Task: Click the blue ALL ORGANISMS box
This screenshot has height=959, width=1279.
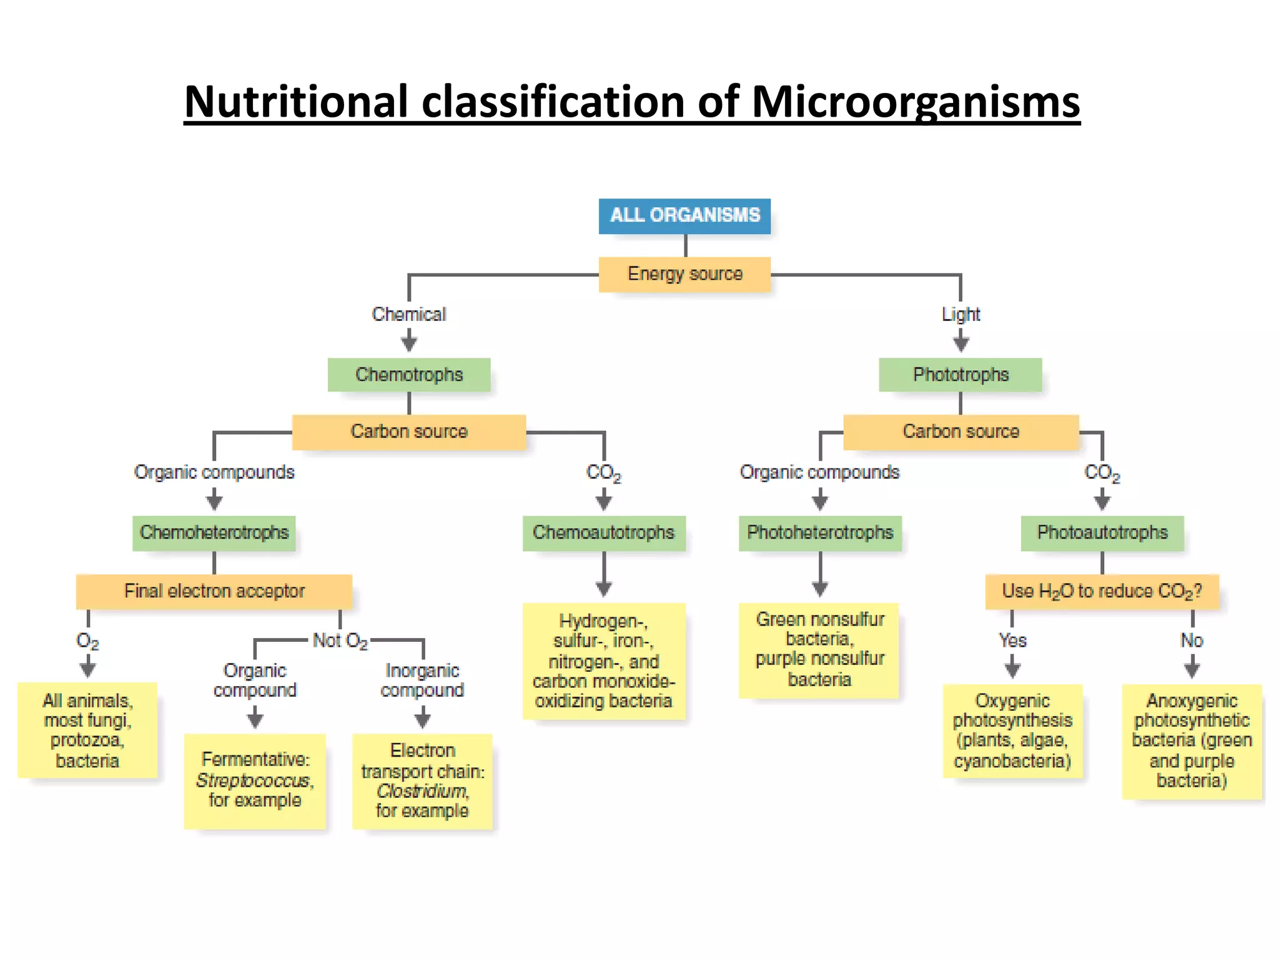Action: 684,215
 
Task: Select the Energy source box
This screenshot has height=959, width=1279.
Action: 684,274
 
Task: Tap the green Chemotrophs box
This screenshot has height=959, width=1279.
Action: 409,375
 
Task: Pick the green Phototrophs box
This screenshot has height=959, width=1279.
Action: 960,375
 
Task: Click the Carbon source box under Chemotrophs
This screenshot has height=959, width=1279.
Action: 409,431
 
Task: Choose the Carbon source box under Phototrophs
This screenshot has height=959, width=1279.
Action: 960,431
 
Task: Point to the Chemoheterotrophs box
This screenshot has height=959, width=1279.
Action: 214,533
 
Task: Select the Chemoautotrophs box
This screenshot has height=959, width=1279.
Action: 603,533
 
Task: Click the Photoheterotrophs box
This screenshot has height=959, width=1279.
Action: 820,533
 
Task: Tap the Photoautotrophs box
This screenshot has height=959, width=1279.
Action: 1102,533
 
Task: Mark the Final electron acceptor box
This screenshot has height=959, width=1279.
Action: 214,591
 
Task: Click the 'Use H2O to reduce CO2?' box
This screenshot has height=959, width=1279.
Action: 1102,591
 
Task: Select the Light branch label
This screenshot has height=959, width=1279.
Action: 960,314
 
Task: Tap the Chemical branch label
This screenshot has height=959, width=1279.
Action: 409,314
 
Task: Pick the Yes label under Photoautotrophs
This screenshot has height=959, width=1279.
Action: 1012,641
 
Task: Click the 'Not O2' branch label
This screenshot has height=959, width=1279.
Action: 340,641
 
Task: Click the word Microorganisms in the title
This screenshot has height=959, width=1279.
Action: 916,101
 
